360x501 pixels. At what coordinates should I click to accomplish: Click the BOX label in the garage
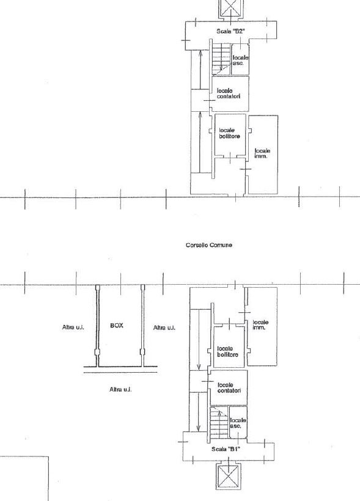(x=116, y=325)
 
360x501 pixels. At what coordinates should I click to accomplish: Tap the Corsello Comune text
(x=209, y=245)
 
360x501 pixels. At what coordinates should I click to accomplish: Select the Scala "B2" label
(x=230, y=31)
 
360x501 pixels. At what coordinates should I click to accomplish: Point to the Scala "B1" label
(x=226, y=449)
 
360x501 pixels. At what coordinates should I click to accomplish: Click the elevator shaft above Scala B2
(x=230, y=9)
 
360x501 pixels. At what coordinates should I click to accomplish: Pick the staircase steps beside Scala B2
(x=221, y=59)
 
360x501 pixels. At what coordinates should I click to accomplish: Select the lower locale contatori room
(x=229, y=387)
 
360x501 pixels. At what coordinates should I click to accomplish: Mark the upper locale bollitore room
(x=230, y=135)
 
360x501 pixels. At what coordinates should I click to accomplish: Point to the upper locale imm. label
(x=262, y=153)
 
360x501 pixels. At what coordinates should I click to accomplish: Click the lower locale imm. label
(x=260, y=325)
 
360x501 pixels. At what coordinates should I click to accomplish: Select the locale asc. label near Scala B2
(x=240, y=60)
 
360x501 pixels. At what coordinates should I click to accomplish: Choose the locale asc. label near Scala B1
(x=238, y=423)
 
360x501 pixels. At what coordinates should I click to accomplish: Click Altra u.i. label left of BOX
(x=73, y=327)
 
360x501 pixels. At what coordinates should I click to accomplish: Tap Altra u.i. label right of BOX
(x=164, y=327)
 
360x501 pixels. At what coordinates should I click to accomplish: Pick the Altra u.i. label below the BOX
(x=120, y=389)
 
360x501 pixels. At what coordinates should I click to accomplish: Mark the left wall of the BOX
(x=98, y=326)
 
